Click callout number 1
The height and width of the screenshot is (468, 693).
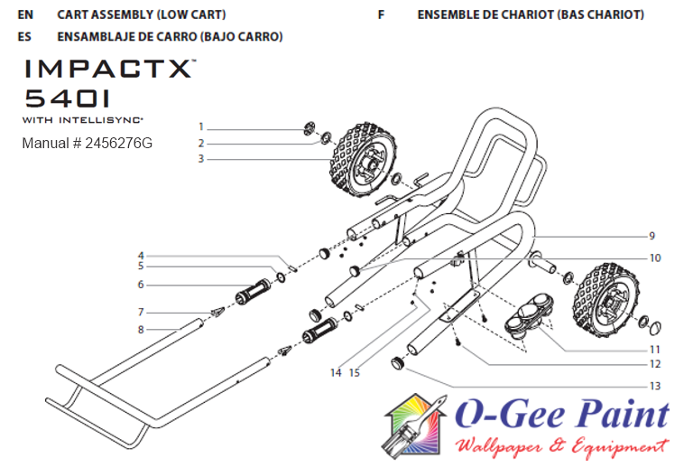(201, 127)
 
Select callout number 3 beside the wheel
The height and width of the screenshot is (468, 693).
(201, 159)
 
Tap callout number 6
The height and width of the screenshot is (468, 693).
(141, 285)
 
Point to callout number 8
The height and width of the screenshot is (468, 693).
(141, 330)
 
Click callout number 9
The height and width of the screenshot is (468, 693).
(651, 237)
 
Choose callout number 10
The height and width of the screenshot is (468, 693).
(655, 258)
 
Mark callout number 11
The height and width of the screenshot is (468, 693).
(655, 349)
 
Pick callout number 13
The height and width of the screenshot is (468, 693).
(655, 387)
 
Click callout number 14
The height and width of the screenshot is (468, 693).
(336, 372)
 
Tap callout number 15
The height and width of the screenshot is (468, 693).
(355, 372)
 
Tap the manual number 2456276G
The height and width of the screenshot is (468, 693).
(88, 144)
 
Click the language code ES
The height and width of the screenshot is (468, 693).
(25, 37)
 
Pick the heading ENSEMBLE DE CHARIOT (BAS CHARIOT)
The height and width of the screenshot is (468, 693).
(531, 15)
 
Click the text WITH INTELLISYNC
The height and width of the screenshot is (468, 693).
(83, 119)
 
